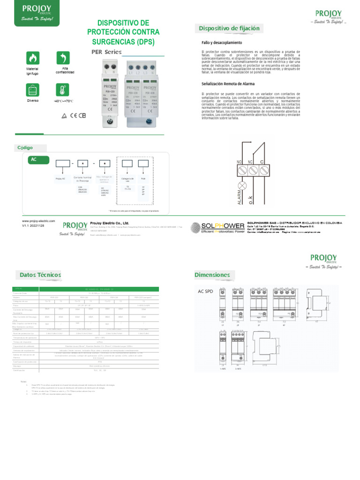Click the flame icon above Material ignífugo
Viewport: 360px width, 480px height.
(x=32, y=58)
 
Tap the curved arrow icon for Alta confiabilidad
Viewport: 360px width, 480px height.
(x=63, y=58)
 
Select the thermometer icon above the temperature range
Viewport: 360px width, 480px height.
(x=62, y=90)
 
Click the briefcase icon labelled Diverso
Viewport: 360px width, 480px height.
(x=32, y=90)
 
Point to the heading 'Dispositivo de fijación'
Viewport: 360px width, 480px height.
(x=229, y=29)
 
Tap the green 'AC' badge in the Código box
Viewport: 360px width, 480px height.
(x=34, y=160)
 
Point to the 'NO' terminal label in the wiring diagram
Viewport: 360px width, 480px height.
(x=239, y=161)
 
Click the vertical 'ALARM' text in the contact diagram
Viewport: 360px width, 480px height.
(x=240, y=195)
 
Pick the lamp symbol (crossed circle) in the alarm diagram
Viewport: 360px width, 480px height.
(x=242, y=184)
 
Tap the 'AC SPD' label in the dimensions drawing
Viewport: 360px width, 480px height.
(x=205, y=291)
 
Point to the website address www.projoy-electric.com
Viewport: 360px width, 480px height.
(x=38, y=221)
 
